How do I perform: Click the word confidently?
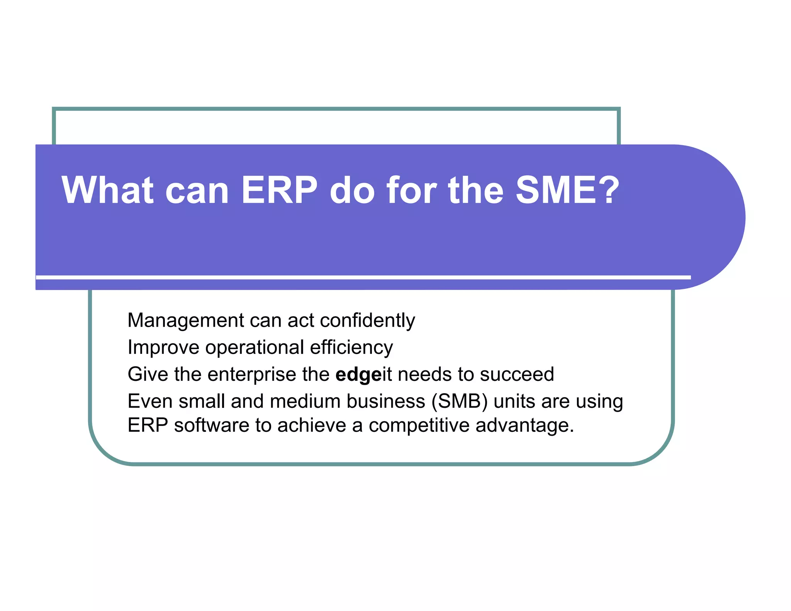tap(367, 321)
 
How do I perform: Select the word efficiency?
tap(351, 347)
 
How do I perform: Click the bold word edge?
tap(358, 375)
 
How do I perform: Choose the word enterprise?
tap(251, 374)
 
